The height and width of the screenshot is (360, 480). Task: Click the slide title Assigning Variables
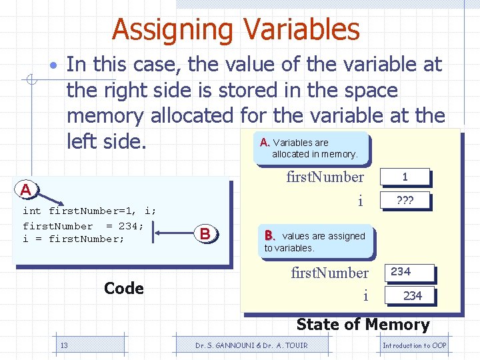[x=236, y=29]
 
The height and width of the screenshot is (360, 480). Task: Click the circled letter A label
[x=25, y=190]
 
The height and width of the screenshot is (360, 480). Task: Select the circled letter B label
[x=205, y=233]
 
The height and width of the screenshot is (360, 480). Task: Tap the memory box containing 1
[x=405, y=177]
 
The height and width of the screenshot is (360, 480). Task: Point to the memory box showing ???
[x=405, y=200]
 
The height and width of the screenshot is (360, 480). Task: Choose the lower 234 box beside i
[x=412, y=295]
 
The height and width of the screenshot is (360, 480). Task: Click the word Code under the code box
[x=124, y=288]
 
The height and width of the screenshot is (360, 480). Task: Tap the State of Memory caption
[x=363, y=325]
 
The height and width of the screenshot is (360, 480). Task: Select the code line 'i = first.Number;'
[x=73, y=239]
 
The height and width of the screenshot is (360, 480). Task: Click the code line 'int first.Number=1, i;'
[x=89, y=211]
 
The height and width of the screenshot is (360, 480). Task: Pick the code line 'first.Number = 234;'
[x=83, y=225]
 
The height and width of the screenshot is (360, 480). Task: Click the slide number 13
[x=64, y=345]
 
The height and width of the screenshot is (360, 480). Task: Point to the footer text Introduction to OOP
[x=414, y=345]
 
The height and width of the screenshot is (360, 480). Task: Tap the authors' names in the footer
[x=251, y=345]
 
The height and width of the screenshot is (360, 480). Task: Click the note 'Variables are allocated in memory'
[x=311, y=148]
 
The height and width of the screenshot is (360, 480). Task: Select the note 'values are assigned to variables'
[x=317, y=241]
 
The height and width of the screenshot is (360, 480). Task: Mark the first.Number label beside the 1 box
[x=325, y=177]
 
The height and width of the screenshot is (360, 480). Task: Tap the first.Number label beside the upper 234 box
[x=329, y=273]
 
